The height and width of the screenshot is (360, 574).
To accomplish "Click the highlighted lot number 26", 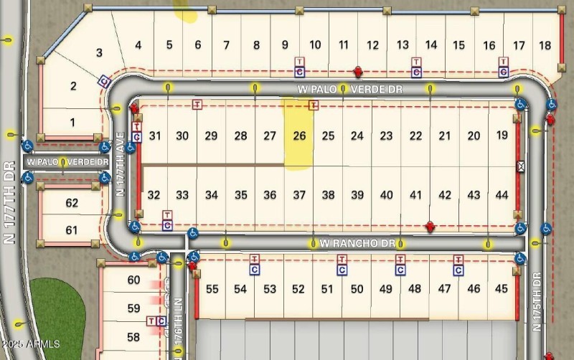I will [300, 136].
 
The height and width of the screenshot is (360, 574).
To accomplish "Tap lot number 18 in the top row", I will [545, 45].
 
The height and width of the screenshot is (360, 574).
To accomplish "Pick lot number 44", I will [502, 195].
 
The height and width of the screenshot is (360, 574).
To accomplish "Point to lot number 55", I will [212, 289].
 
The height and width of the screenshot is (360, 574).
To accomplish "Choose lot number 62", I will [72, 203].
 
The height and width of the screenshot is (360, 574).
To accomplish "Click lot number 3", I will [100, 52].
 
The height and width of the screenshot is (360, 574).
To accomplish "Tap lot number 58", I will [133, 336].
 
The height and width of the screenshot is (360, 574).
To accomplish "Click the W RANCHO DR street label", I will [357, 243].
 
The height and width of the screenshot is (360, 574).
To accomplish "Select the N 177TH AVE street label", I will [121, 172].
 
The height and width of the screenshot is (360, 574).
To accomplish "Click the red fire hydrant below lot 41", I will [430, 227].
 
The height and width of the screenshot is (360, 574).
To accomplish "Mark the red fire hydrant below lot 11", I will [358, 72].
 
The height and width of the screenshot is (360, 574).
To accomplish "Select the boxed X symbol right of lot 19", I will [522, 166].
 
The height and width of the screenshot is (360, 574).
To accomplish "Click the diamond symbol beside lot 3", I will [104, 80].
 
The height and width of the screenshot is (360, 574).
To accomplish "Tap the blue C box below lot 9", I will [299, 72].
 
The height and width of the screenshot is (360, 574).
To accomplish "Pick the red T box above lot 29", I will [197, 104].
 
